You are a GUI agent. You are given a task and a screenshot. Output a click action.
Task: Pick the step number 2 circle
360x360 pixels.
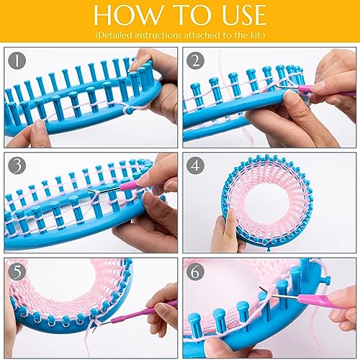tap(196, 61)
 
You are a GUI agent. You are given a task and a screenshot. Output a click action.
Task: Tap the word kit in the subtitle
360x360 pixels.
tap(255, 35)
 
